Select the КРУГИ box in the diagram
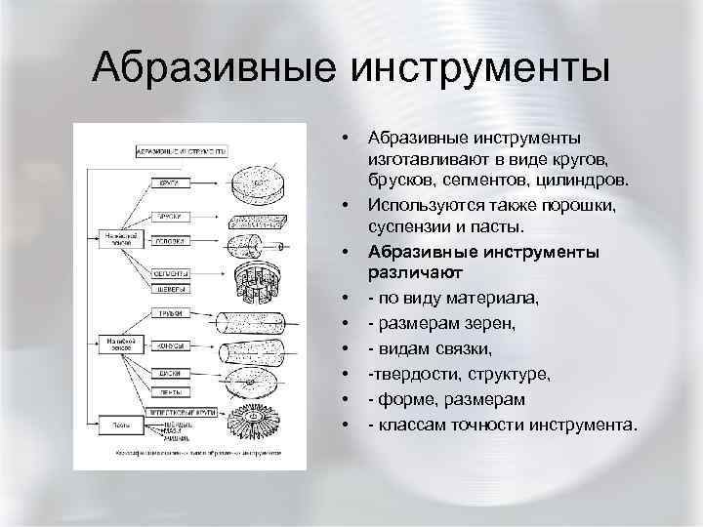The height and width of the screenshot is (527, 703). (x=168, y=183)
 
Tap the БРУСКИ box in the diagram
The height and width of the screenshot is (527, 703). (x=168, y=216)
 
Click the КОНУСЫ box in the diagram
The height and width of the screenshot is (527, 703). (x=168, y=345)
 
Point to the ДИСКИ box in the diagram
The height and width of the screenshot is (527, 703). (x=168, y=372)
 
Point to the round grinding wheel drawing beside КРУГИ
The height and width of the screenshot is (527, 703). (x=258, y=182)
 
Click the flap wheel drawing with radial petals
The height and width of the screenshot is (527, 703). (x=256, y=423)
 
